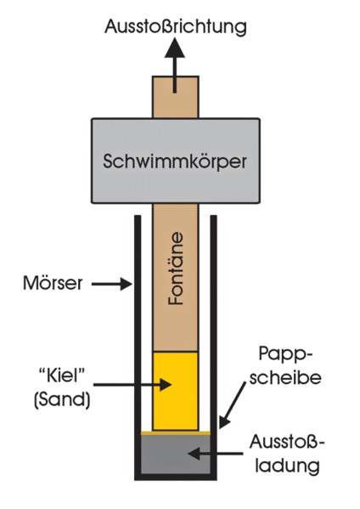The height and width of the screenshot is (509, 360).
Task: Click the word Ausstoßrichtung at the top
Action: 176,27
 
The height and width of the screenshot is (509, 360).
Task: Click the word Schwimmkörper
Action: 175,161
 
